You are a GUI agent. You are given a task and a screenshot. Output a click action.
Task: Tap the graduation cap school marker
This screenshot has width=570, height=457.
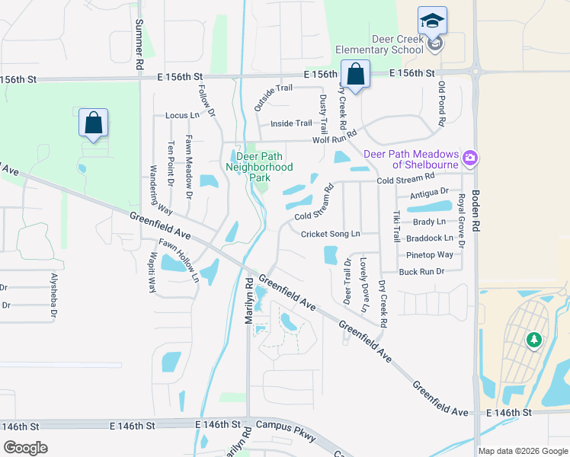pyautogui.click(x=432, y=21)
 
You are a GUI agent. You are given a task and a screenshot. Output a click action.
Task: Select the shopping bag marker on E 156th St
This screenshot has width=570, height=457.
pyautogui.click(x=355, y=75)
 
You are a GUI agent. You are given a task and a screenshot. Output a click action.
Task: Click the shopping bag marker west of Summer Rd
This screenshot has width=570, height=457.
pyautogui.click(x=93, y=123)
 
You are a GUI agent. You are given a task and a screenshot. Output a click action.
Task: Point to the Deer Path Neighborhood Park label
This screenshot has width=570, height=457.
pyautogui.click(x=259, y=161)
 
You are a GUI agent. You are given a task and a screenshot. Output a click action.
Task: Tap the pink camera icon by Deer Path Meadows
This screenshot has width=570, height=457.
pyautogui.click(x=471, y=158)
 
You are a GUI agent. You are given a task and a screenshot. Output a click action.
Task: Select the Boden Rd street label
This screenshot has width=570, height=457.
pyautogui.click(x=476, y=211)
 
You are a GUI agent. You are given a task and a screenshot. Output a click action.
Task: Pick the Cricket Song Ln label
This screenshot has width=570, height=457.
pyautogui.click(x=330, y=234)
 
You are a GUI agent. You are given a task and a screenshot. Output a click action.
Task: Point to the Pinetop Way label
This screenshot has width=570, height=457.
pyautogui.click(x=430, y=254)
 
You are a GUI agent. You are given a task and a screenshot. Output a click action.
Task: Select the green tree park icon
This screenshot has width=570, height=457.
pyautogui.click(x=534, y=339)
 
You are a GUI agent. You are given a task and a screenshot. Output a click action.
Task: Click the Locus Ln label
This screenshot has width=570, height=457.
pyautogui.click(x=181, y=115)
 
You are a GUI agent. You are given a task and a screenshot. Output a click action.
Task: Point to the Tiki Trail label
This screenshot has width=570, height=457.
pyautogui.click(x=396, y=226)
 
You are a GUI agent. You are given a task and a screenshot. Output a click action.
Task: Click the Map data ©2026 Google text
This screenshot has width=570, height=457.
pyautogui.click(x=522, y=450)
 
